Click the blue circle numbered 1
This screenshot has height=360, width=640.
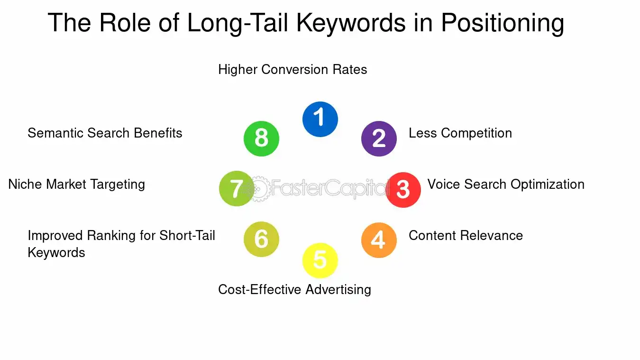coord(320,119)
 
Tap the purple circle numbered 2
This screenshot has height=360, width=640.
coord(379,138)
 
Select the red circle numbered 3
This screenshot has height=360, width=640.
coord(403,190)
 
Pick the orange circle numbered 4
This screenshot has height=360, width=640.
coord(379,240)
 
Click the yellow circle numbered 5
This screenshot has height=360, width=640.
coord(320,260)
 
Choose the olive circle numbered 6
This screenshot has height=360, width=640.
coord(261,240)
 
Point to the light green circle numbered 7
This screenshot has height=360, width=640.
coord(237,189)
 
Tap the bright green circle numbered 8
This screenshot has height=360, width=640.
coord(261,138)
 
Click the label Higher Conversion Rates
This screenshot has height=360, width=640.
coord(293,70)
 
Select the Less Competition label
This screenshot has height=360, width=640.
coord(460,133)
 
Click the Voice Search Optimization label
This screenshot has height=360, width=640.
coord(506,184)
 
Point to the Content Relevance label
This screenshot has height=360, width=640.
coord(466,236)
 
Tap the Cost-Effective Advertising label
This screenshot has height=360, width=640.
coord(294,289)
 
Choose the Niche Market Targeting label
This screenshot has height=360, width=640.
coord(77,184)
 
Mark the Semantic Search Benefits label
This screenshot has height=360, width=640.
coord(105,133)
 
